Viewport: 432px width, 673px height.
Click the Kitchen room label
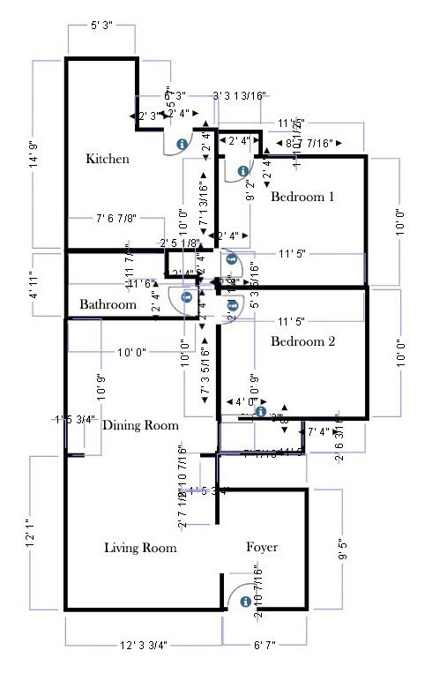point(108,160)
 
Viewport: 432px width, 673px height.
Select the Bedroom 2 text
point(302,341)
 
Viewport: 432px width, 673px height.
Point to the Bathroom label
point(108,304)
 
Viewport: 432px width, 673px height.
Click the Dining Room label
point(141,425)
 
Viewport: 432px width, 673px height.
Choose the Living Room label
point(140,548)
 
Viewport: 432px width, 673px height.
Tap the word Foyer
point(261,548)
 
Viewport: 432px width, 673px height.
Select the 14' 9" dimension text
point(34,154)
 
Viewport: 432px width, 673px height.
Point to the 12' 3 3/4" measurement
point(144,646)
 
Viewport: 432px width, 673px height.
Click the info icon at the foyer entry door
point(243,600)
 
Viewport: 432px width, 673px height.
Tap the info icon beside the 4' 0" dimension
point(260,412)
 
